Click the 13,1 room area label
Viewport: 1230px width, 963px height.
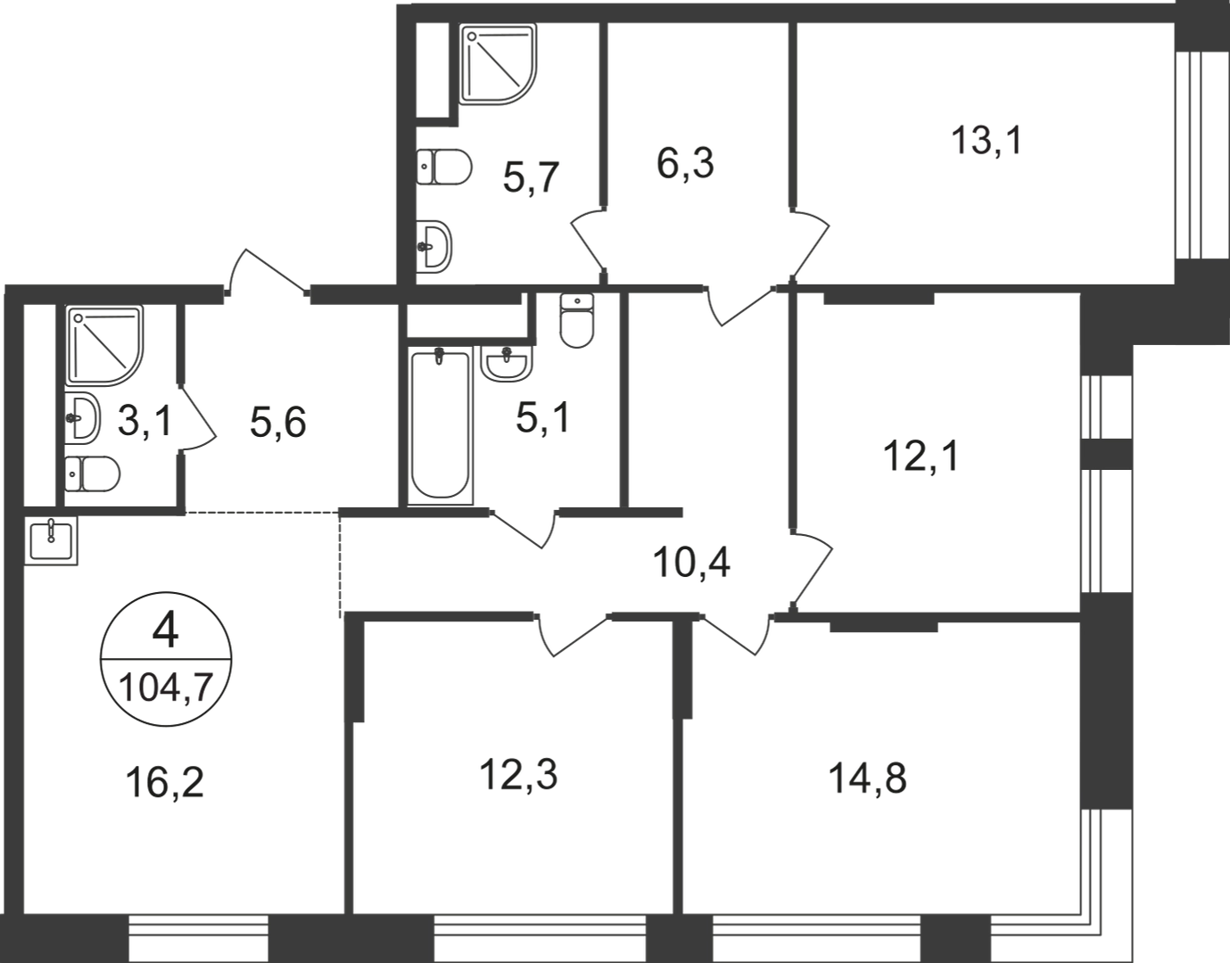coord(987,140)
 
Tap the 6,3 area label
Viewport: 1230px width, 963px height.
coord(685,163)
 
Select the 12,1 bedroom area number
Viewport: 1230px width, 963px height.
coord(921,457)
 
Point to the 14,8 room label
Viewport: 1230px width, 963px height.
coord(867,778)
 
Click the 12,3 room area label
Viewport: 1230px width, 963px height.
coord(518,775)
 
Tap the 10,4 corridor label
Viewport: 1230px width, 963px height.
coord(691,563)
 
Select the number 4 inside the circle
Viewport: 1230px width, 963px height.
coord(165,632)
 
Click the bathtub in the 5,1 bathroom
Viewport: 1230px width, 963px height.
coord(440,426)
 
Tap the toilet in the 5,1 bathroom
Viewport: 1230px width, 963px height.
coord(576,320)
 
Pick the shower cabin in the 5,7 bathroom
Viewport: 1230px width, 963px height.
coord(497,64)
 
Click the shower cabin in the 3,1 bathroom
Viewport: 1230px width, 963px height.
coord(104,346)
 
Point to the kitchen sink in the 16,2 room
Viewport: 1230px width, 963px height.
coord(51,540)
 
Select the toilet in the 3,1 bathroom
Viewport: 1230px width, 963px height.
coord(92,473)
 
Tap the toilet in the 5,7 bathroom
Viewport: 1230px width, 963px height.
coord(444,167)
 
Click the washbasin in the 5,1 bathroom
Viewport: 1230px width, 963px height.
coord(506,364)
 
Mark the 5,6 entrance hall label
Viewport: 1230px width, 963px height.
coord(278,424)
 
